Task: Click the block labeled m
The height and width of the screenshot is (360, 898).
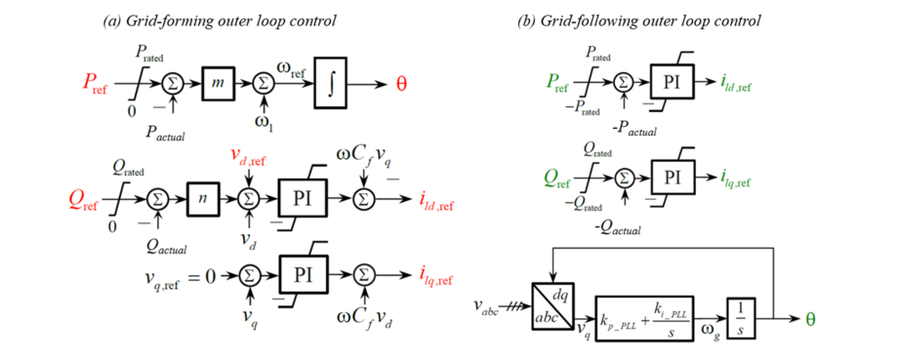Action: pos(221,85)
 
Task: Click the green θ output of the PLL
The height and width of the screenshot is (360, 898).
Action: pos(809,318)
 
